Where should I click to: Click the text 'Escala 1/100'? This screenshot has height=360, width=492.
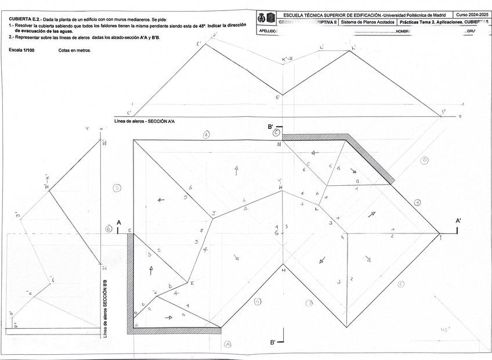pos(21,51)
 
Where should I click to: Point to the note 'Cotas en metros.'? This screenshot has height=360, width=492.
pos(75,51)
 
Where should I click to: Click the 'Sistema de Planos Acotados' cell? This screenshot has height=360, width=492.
pos(367,22)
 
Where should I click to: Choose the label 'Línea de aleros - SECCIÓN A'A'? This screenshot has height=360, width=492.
pos(144,121)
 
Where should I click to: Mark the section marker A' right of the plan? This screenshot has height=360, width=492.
pos(458,221)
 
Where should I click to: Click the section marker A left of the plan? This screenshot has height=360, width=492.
pos(119,223)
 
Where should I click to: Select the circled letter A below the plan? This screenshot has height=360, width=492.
pos(228,343)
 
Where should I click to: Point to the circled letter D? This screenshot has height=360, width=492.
pos(424,160)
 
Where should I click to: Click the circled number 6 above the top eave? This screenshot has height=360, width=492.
pos(206,134)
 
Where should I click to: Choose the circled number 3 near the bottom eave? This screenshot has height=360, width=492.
pos(309,303)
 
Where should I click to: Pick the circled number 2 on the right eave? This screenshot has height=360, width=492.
pos(401,284)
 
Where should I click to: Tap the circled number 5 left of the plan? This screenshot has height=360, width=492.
pos(117,188)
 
